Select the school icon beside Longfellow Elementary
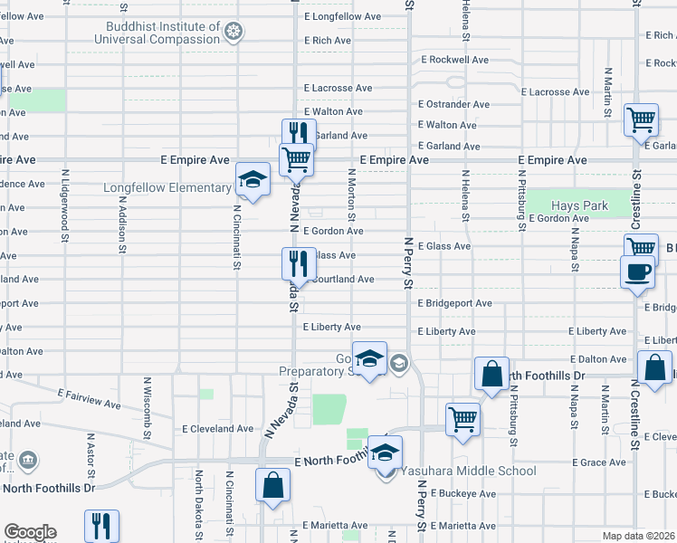253,179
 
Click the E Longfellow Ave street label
343,16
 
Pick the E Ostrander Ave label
453,104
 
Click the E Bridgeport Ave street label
454,303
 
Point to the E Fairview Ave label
89,398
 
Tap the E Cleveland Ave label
218,429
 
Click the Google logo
30,532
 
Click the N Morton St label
351,195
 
